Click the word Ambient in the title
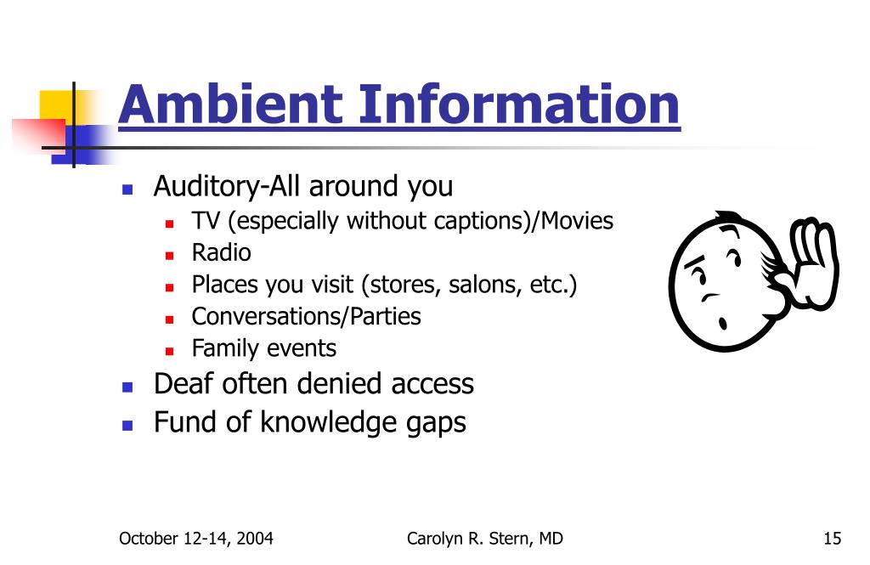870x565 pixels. pyautogui.click(x=229, y=105)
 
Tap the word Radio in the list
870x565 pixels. pyautogui.click(x=221, y=252)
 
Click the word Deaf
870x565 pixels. pyautogui.click(x=184, y=383)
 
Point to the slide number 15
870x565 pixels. pyautogui.click(x=832, y=538)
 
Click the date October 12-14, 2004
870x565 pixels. pyautogui.click(x=196, y=538)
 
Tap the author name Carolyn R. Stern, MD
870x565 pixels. pyautogui.click(x=484, y=538)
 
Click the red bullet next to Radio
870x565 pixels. pyautogui.click(x=170, y=254)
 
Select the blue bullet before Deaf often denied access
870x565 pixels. pyautogui.click(x=127, y=386)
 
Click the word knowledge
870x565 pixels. pyautogui.click(x=329, y=422)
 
